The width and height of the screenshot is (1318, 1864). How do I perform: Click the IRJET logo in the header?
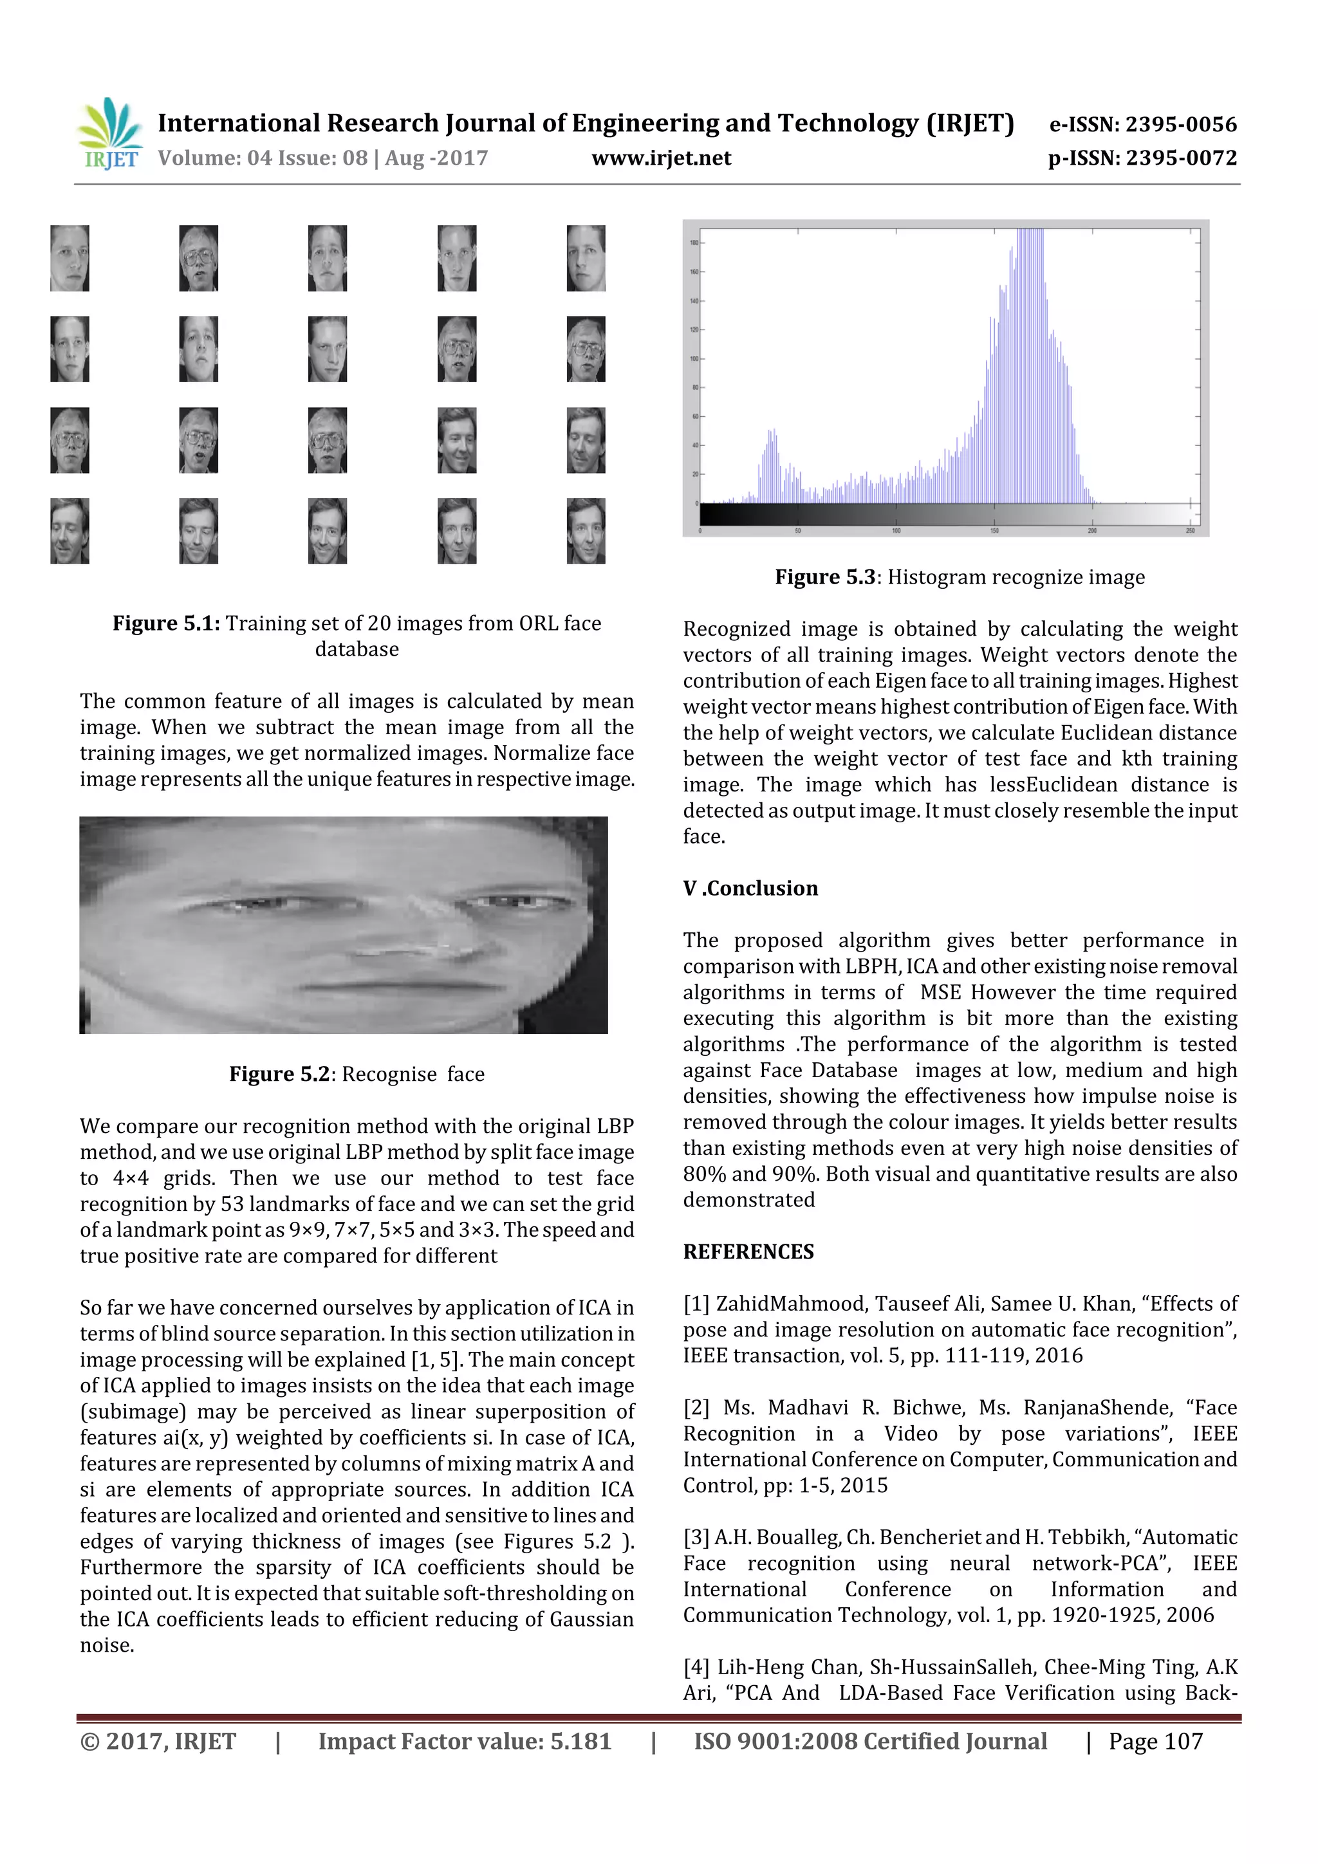tap(109, 133)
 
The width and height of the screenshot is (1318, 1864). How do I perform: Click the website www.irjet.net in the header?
tap(661, 158)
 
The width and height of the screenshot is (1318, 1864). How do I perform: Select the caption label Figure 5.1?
tap(165, 623)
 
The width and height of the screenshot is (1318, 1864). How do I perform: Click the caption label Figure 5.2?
tap(279, 1074)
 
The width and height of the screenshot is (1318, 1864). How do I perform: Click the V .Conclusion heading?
tap(750, 888)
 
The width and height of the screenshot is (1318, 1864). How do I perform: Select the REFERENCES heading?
tap(748, 1252)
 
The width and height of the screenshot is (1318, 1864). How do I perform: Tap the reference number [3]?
tap(696, 1538)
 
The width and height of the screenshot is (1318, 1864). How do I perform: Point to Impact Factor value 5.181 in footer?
tap(464, 1740)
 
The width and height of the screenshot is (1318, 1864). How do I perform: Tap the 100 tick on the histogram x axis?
tap(896, 530)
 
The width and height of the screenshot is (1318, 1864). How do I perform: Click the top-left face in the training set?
tap(70, 258)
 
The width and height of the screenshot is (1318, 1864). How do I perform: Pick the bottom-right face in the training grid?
tap(586, 531)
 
